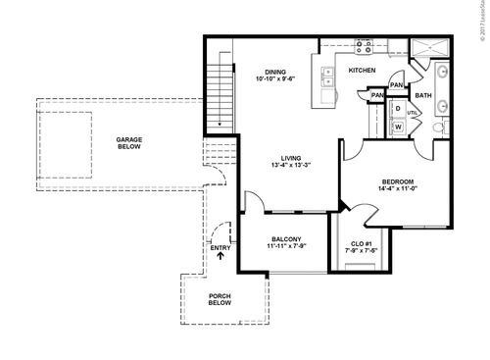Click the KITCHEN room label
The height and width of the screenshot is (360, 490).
363,71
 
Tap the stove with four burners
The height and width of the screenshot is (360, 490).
364,45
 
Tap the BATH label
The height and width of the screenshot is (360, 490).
423,95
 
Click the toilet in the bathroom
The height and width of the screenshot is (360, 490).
440,126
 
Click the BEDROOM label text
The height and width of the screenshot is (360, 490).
398,182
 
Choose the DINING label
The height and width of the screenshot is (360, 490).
275,71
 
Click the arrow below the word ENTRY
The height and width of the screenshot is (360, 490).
220,260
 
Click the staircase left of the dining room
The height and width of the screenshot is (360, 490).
220,89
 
